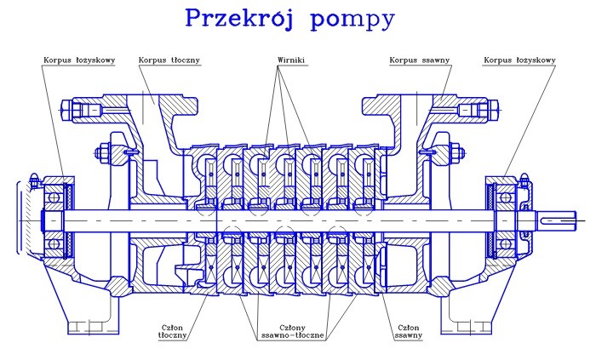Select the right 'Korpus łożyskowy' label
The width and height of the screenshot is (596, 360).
(x=519, y=60)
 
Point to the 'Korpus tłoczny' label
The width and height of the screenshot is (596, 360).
(x=164, y=60)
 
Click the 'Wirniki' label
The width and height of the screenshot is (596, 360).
(x=291, y=60)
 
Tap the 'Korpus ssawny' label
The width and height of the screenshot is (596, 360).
(x=420, y=60)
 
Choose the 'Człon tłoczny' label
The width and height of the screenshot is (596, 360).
(x=173, y=330)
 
